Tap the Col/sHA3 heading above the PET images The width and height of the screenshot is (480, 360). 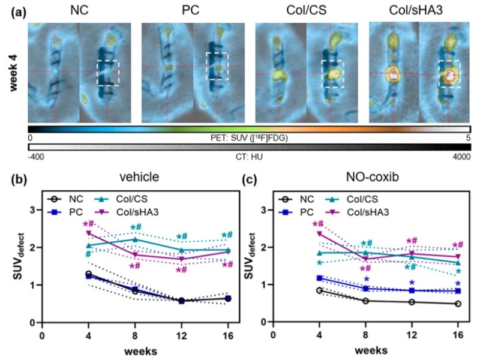416,11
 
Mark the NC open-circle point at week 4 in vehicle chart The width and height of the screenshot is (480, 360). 89,274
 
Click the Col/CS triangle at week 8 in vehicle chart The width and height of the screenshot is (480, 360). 135,239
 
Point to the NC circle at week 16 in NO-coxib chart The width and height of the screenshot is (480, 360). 458,304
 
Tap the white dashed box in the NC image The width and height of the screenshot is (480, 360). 108,73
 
